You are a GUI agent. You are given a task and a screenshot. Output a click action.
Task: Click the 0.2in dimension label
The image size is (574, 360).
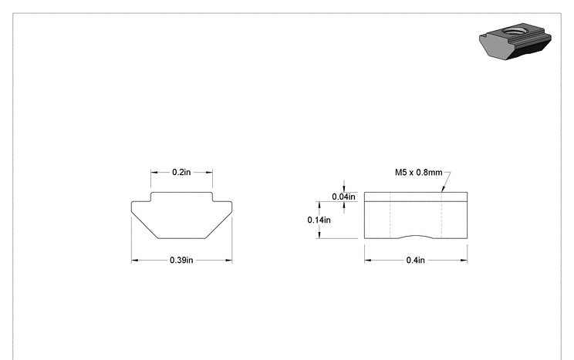click(181, 172)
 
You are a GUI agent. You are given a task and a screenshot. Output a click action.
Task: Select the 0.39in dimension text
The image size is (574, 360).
click(181, 260)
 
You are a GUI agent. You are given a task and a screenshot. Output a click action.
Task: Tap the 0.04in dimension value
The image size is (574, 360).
click(343, 197)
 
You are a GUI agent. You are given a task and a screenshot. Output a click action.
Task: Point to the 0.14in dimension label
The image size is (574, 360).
click(319, 220)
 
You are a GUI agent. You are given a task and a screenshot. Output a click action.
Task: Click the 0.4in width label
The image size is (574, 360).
click(416, 260)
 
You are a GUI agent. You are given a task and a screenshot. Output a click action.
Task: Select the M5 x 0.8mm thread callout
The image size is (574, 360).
click(418, 173)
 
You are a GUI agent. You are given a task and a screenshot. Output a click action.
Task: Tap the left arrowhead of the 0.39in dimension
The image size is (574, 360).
click(135, 261)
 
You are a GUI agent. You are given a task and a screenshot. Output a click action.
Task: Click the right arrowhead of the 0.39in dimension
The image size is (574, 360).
click(228, 261)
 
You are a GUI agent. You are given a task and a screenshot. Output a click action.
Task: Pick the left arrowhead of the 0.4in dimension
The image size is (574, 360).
click(368, 261)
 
